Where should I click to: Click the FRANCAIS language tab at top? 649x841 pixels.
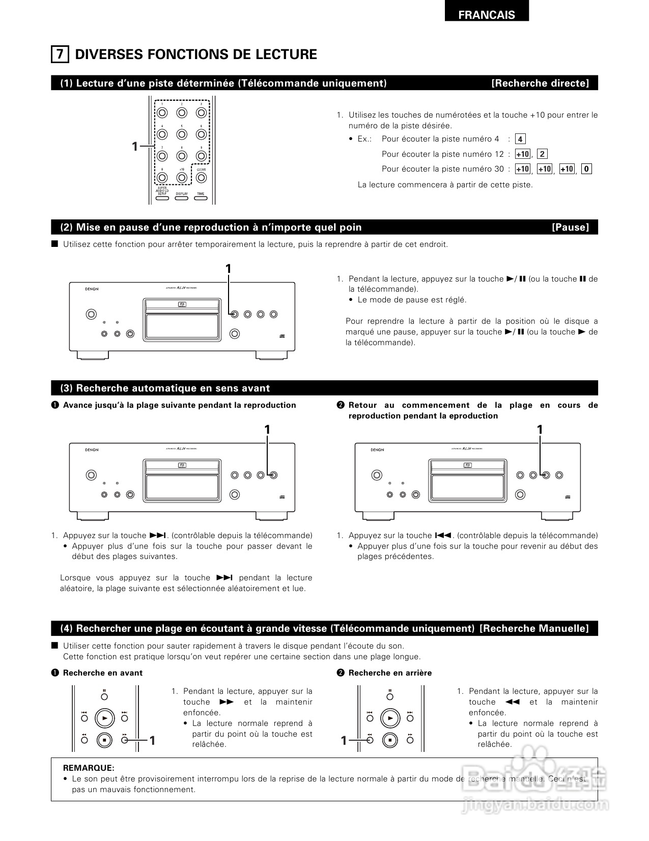click(x=486, y=15)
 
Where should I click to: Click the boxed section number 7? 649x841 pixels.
click(x=60, y=54)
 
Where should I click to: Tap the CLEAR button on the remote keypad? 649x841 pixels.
click(x=201, y=178)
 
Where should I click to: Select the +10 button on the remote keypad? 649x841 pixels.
click(x=182, y=178)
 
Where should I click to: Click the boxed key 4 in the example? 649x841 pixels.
click(x=520, y=139)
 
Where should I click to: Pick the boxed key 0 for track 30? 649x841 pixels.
click(x=586, y=169)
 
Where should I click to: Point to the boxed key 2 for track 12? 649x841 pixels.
click(x=542, y=154)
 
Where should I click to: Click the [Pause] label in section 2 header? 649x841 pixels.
click(x=570, y=228)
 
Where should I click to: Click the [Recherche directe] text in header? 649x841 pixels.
click(x=540, y=83)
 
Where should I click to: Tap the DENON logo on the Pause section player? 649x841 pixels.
click(x=92, y=289)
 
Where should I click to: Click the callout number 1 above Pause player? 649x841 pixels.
click(x=229, y=268)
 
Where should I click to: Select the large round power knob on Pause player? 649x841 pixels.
click(x=91, y=314)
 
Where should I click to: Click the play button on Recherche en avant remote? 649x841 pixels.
click(x=104, y=718)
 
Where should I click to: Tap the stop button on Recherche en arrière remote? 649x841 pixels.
click(x=390, y=740)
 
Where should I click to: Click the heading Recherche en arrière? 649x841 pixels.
click(x=389, y=673)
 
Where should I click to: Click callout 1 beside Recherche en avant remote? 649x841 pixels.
click(x=152, y=741)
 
